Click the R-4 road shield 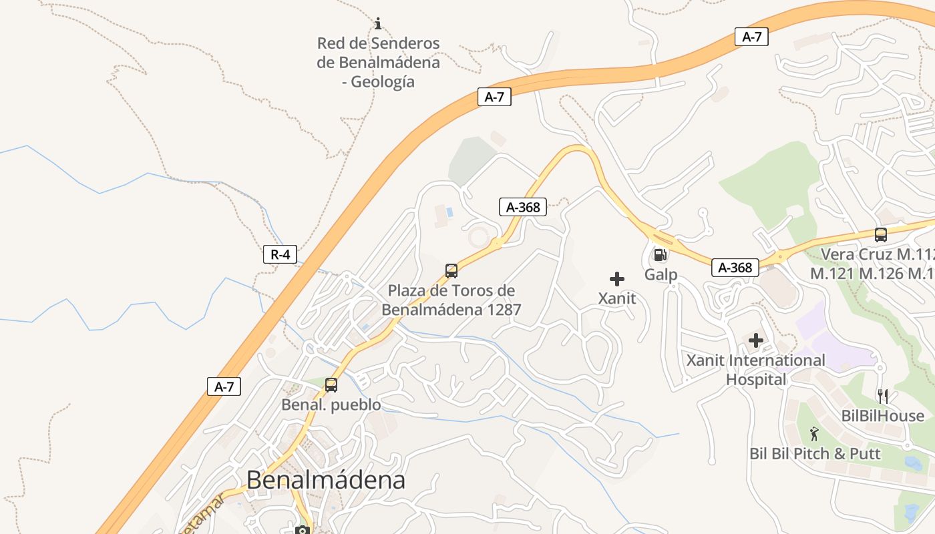pos(280,254)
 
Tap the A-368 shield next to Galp pos(735,268)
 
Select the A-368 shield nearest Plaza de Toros pos(523,207)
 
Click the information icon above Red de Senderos pos(378,24)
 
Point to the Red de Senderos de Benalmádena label pos(378,62)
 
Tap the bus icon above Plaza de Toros pos(451,271)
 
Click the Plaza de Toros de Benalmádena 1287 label pos(451,300)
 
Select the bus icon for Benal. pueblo pos(331,385)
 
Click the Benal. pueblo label pos(331,405)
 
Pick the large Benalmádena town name pos(326,480)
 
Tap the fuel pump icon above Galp pos(660,254)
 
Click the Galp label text pos(661,274)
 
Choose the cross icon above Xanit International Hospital pos(756,341)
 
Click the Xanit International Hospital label pos(756,370)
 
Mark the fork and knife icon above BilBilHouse pos(883,396)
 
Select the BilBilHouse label pos(883,416)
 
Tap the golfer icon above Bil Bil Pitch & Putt pos(814,435)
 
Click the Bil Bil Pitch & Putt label pos(815,454)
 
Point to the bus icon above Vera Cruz pos(881,235)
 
